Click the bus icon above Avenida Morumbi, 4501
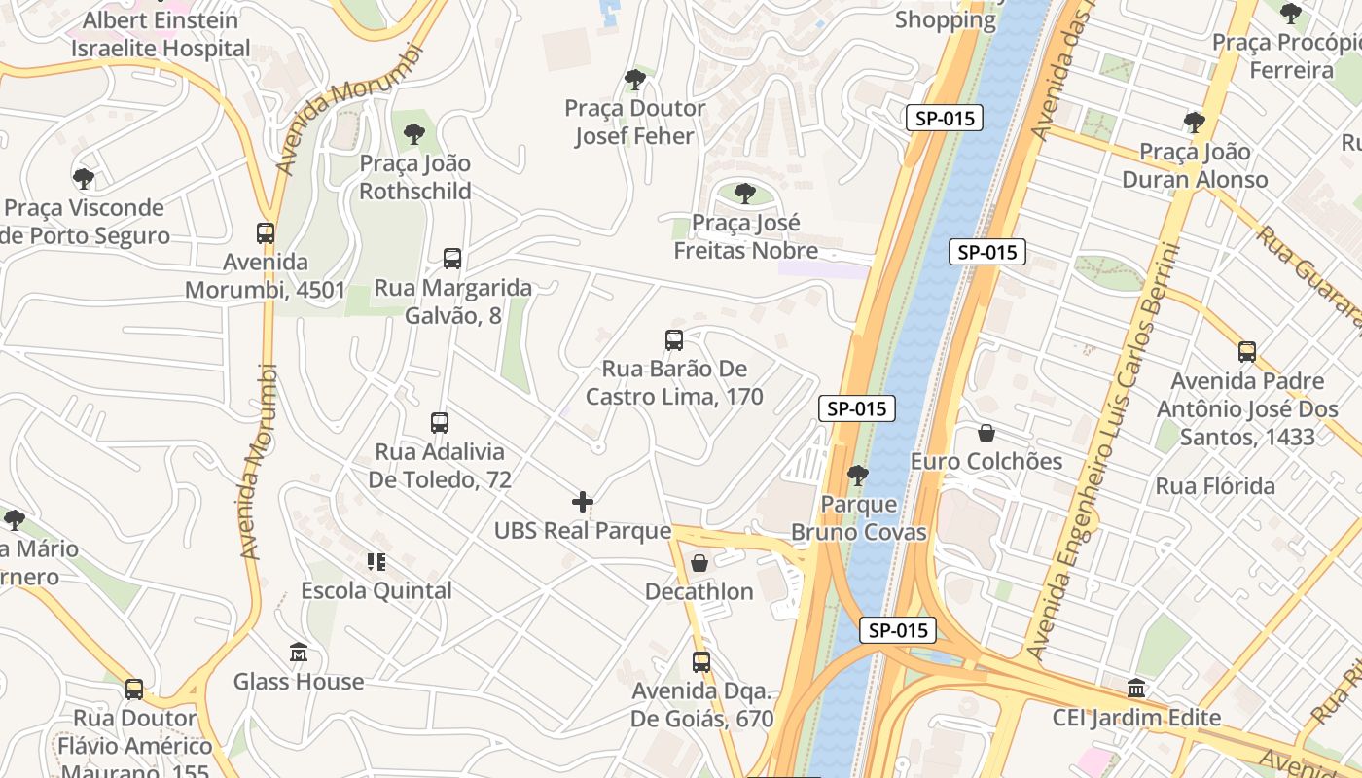266,233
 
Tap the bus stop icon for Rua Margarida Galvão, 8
452,259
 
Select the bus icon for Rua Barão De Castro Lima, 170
674,340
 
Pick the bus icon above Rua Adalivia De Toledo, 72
440,423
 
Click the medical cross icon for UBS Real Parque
583,502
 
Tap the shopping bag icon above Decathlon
699,563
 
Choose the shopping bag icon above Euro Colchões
986,433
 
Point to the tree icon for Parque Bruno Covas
857,476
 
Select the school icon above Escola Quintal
376,562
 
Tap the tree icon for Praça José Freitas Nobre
745,194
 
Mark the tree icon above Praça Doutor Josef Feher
635,80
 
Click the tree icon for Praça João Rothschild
414,134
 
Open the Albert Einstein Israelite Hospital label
161,34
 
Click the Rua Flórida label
1215,486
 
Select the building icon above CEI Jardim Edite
1135,689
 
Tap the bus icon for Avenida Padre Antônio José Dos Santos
1247,352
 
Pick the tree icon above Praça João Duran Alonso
1195,123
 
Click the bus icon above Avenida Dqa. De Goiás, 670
701,662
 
